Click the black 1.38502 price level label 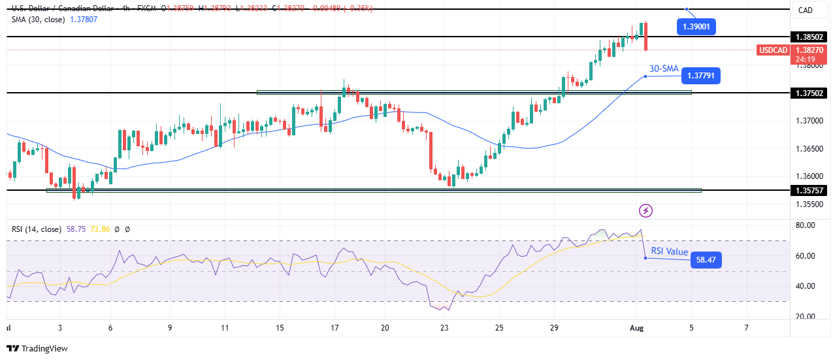(810, 37)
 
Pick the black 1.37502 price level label (810, 93)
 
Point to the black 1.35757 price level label (810, 190)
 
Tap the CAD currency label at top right (806, 10)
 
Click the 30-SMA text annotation (663, 69)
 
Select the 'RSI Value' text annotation (670, 252)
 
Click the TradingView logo (37, 349)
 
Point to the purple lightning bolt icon (645, 210)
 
